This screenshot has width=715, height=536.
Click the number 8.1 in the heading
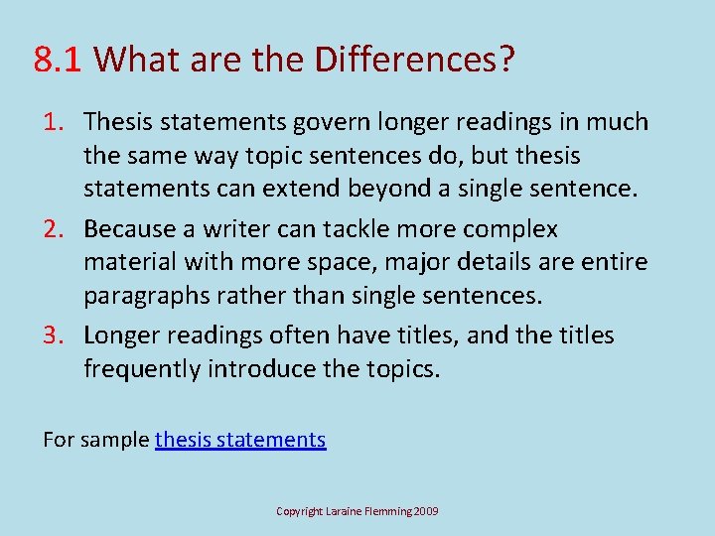[60, 61]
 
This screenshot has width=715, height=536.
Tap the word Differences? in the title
[415, 61]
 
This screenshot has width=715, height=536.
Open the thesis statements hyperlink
[240, 439]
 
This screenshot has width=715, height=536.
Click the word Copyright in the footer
[301, 511]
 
